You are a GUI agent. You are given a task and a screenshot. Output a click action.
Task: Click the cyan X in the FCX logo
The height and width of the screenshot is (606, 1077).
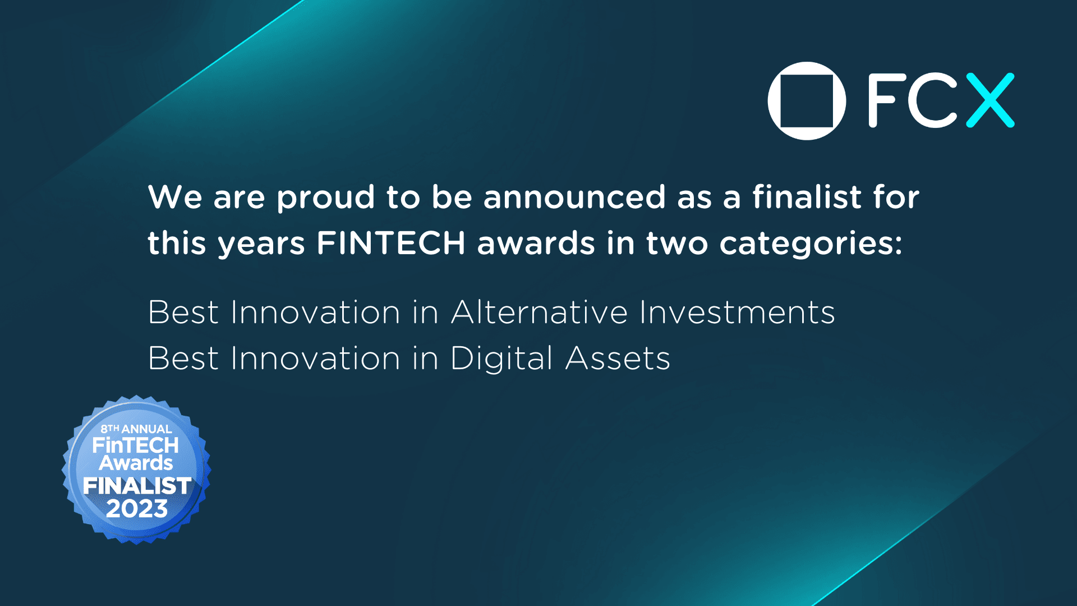click(x=990, y=100)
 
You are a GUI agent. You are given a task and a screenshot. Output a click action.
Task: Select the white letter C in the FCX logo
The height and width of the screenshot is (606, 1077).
click(x=932, y=101)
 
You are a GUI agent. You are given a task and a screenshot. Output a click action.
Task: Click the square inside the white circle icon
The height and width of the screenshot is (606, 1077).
click(x=807, y=101)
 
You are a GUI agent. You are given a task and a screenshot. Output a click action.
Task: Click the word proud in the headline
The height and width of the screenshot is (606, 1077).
click(x=325, y=198)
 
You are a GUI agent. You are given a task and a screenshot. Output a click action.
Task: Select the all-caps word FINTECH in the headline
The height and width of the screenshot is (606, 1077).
click(x=391, y=243)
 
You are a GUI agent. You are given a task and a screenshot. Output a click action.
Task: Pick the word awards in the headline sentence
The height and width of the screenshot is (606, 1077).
click(x=536, y=243)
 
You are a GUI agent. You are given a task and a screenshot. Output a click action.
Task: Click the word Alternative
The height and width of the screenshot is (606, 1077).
click(x=539, y=312)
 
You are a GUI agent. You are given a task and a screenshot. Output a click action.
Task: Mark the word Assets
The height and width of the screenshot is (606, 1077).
click(x=618, y=359)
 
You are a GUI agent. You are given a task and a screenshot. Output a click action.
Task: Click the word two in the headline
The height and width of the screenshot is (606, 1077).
click(x=677, y=244)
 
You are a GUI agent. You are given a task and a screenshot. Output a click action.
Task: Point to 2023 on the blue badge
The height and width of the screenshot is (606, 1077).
click(x=137, y=509)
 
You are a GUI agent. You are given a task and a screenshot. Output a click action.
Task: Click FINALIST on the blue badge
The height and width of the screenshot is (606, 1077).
click(x=137, y=486)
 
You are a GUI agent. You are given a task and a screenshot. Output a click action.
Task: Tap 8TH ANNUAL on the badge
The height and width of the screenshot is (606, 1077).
click(x=136, y=429)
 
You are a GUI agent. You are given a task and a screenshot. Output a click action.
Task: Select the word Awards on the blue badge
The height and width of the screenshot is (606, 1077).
click(x=136, y=463)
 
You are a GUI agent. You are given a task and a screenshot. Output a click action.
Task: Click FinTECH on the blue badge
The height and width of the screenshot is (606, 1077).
click(x=136, y=446)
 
